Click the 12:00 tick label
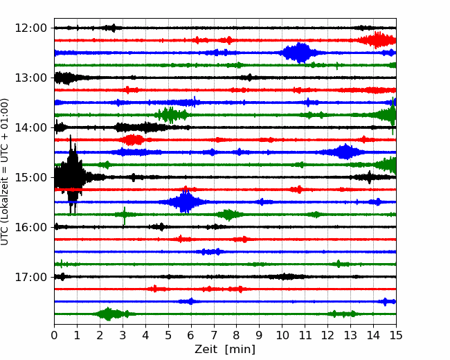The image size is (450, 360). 30,28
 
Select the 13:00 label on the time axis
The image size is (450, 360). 30,78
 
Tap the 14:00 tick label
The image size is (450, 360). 30,127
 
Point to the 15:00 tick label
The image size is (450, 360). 30,177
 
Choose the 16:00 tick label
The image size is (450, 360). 30,227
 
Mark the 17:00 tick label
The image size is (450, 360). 30,277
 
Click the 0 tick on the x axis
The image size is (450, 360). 54,335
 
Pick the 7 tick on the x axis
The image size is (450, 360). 214,335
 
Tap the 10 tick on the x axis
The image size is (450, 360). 282,335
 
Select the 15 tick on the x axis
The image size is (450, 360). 396,335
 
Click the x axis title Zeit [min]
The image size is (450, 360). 225,350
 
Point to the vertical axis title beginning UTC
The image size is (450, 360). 4,172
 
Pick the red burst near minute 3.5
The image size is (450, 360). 132,140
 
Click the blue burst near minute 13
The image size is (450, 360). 344,152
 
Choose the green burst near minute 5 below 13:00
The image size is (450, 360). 172,115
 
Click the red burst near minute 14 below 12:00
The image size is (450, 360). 377,40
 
